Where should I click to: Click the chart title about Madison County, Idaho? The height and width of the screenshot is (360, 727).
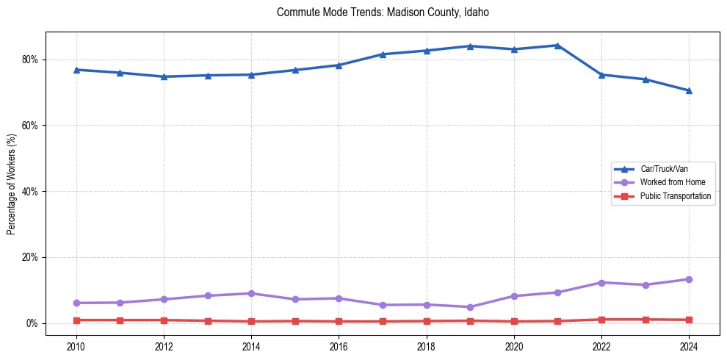pos(383,12)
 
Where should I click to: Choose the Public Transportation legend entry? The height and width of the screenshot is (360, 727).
pos(675,196)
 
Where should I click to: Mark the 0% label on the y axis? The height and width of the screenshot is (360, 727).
pos(32,323)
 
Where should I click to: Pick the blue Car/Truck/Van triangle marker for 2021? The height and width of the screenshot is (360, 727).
pos(557,46)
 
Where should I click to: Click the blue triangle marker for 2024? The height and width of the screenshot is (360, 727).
pos(689,90)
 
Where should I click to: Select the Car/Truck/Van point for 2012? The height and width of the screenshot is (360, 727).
pos(164,76)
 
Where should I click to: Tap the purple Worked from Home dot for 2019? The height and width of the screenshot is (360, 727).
pos(470,307)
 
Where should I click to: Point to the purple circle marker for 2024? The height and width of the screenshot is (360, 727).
pos(689,279)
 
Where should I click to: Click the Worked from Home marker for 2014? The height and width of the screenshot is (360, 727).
pos(251,293)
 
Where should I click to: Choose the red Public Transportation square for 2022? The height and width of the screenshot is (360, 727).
pos(601,320)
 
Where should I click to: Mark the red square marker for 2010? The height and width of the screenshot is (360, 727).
pos(76,320)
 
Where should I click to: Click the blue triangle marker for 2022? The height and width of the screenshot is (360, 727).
pos(601,74)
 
